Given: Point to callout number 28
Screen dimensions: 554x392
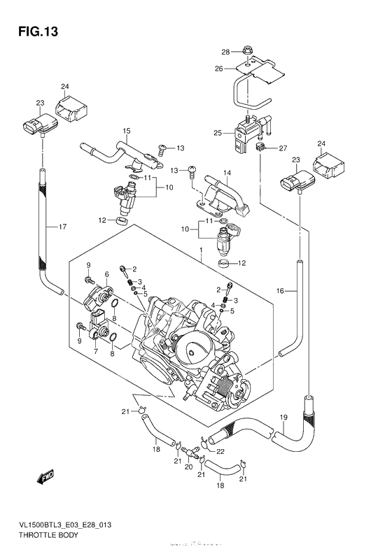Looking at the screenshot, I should pos(225,52).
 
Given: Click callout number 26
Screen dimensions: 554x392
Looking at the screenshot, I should pos(218,69).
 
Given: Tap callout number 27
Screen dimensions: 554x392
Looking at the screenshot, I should pos(283,148).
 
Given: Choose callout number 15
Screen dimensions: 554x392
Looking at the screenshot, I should pos(127,131).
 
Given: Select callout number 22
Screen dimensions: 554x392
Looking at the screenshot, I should pos(219,453).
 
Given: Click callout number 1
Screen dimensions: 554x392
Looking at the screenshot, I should pos(200,248).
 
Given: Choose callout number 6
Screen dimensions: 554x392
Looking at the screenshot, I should pos(106,274).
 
